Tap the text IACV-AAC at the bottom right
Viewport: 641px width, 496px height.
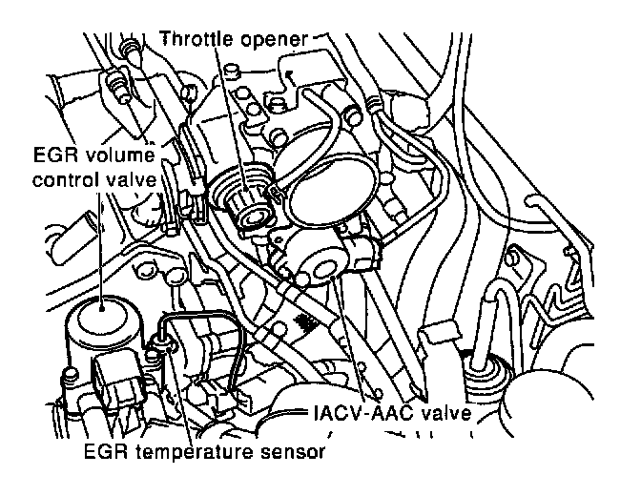[x=360, y=416]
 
